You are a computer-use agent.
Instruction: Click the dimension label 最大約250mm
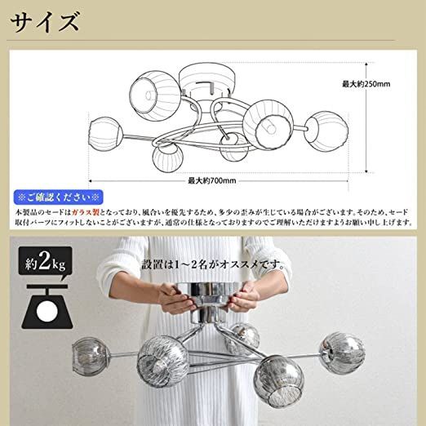click(367, 83)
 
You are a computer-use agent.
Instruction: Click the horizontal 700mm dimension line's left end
click(89, 180)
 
